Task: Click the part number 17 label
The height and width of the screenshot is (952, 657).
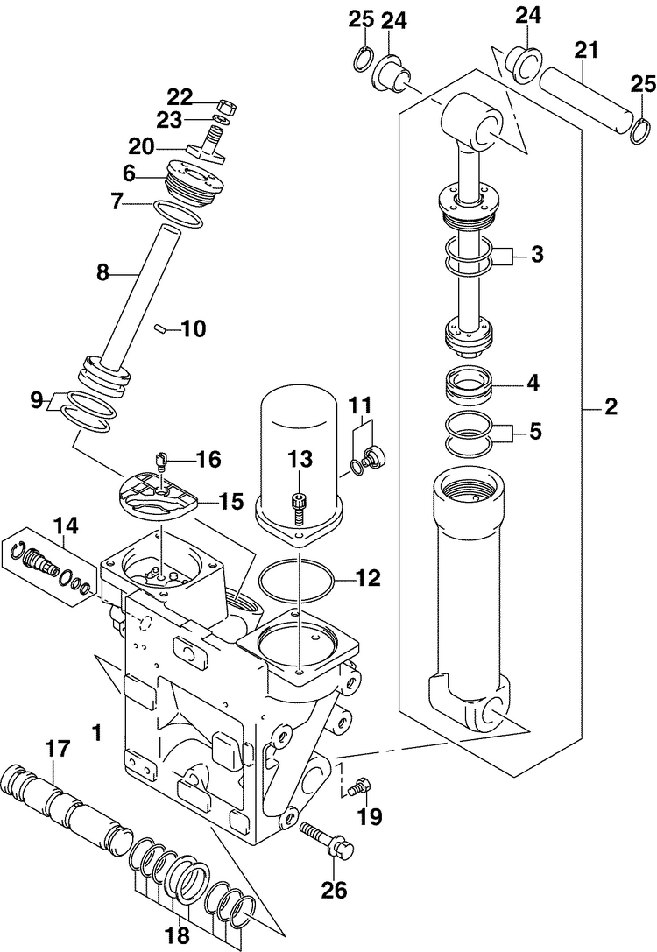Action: pyautogui.click(x=60, y=750)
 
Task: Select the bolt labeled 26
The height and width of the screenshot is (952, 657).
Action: pyautogui.click(x=327, y=838)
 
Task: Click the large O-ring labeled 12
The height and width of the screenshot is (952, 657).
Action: pyautogui.click(x=296, y=580)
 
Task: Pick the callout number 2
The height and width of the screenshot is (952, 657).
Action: pyautogui.click(x=611, y=406)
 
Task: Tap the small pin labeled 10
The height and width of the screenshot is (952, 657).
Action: pyautogui.click(x=161, y=328)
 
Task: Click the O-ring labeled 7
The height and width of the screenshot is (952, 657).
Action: pyautogui.click(x=179, y=214)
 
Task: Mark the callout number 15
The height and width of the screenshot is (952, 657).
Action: pyautogui.click(x=231, y=502)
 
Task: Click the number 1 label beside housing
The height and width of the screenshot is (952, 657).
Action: pyautogui.click(x=95, y=733)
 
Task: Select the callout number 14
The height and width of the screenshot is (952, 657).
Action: pyautogui.click(x=67, y=525)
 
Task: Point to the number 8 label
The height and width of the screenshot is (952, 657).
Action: pyautogui.click(x=102, y=272)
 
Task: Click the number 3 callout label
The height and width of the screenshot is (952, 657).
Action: pyautogui.click(x=537, y=254)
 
